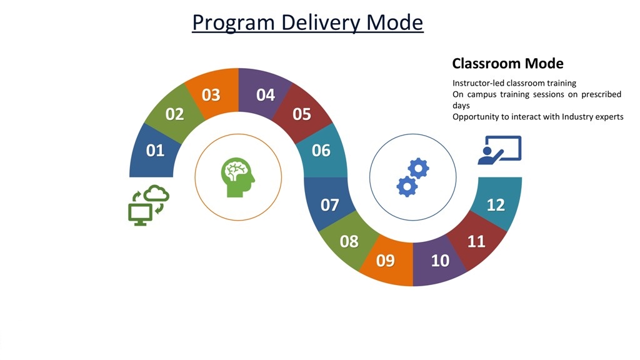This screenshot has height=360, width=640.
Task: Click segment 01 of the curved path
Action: coord(154,151)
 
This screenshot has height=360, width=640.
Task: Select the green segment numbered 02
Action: coord(175,114)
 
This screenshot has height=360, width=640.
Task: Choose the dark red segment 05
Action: coord(302,114)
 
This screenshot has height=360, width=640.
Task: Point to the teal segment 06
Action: coord(322,151)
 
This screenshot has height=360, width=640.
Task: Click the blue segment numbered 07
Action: coord(329,204)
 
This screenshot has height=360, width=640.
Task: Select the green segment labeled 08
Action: coord(349,241)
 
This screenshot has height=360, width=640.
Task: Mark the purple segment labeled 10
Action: coord(439,261)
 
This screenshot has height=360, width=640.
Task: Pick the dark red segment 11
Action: coord(477,241)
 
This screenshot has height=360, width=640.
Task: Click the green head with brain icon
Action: coord(238,177)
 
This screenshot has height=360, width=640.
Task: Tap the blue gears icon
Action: coord(412,177)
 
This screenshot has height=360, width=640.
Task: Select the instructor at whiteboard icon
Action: coord(500,150)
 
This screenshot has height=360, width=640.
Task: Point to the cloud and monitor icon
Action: coord(149,205)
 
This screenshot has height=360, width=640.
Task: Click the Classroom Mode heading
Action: coord(507,64)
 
